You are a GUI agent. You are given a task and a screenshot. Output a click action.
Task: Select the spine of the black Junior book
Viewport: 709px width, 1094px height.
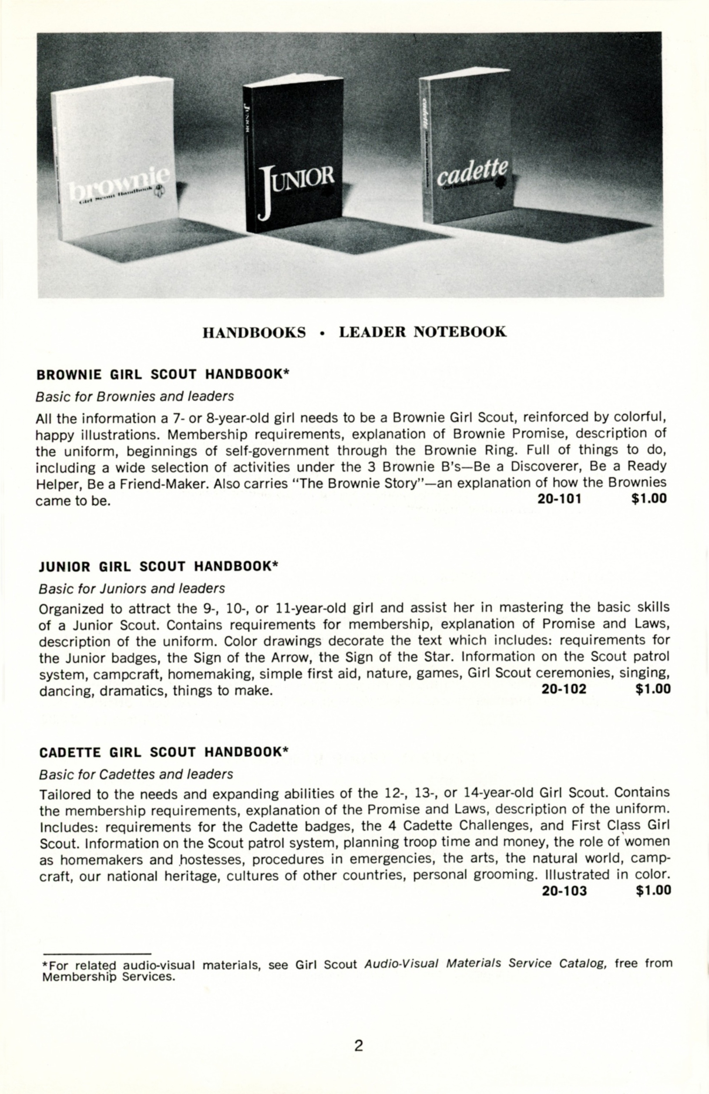(x=247, y=156)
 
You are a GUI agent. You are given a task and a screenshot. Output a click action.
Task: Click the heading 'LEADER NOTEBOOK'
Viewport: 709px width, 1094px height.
(x=423, y=332)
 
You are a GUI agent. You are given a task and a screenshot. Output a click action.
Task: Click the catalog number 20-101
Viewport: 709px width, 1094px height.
(x=559, y=499)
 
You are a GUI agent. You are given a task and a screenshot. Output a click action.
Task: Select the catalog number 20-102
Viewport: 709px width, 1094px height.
(x=564, y=688)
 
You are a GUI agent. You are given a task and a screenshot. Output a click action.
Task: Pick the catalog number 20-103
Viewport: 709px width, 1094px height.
(x=564, y=891)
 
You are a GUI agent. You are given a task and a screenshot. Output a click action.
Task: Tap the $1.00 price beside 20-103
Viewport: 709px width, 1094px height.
(x=653, y=891)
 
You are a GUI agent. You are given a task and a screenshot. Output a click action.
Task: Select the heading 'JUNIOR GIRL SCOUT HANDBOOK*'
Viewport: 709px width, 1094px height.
(x=158, y=566)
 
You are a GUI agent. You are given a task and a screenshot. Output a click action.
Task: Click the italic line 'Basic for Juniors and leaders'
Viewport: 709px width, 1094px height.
(x=132, y=588)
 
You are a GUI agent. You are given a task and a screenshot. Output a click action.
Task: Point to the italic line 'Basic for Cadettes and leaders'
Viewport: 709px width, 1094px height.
(x=136, y=774)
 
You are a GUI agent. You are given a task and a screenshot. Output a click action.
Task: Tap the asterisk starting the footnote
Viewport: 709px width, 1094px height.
(x=44, y=964)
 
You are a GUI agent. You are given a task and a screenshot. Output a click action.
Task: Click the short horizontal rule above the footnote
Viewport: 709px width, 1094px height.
(x=97, y=953)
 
